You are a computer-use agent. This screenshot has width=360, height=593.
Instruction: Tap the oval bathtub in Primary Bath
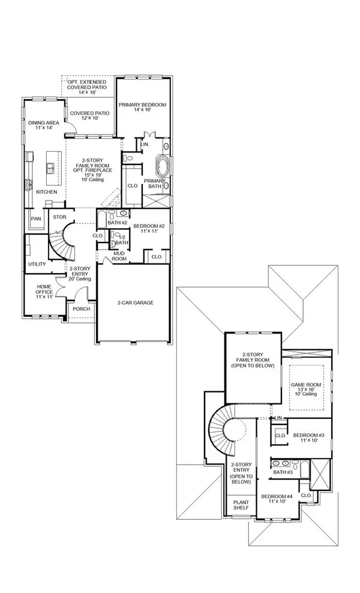click(163, 164)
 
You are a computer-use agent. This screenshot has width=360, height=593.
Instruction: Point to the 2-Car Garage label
click(136, 303)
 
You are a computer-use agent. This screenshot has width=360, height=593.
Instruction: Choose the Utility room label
click(37, 264)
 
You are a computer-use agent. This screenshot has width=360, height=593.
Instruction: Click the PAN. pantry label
click(37, 218)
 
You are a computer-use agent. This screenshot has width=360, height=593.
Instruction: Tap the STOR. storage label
click(59, 217)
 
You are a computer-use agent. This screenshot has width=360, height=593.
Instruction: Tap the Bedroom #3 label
click(308, 437)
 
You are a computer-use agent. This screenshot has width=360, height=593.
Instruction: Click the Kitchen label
click(46, 191)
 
